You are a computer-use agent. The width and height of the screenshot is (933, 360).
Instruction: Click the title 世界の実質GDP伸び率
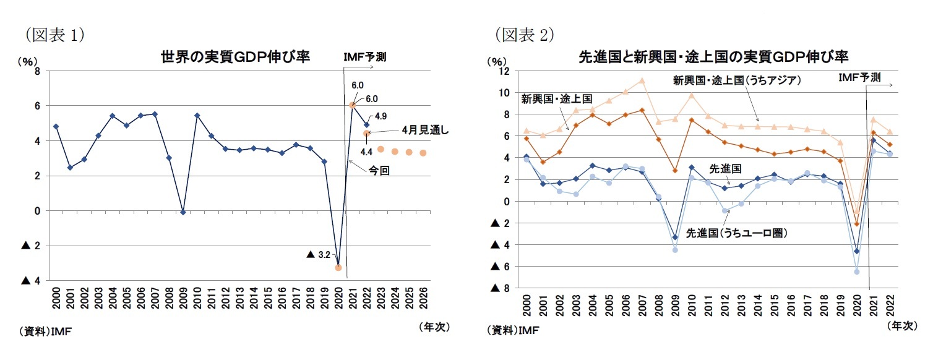click(235, 58)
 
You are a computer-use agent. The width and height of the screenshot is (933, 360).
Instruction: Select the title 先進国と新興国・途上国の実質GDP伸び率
click(713, 58)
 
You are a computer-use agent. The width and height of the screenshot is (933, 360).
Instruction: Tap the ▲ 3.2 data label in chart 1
click(319, 254)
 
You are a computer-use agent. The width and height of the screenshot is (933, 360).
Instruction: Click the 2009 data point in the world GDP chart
click(183, 212)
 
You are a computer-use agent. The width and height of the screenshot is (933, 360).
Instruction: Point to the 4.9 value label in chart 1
click(381, 116)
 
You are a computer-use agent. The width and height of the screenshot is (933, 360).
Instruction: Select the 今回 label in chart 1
click(379, 171)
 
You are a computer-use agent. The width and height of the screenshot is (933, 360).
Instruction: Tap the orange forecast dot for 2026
click(423, 153)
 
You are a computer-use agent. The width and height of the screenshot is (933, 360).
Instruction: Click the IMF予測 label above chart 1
click(365, 57)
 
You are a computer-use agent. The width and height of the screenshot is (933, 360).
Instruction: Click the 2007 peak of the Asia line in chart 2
click(642, 80)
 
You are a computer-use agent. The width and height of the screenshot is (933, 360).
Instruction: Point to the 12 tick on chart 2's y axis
click(504, 71)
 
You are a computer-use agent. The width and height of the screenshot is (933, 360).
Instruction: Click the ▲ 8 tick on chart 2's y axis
click(499, 288)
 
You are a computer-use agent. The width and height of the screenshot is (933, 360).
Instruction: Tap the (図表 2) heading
click(523, 35)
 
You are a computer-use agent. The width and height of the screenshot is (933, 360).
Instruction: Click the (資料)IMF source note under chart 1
click(47, 332)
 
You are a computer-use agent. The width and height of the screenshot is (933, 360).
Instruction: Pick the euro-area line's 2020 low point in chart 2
click(857, 272)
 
